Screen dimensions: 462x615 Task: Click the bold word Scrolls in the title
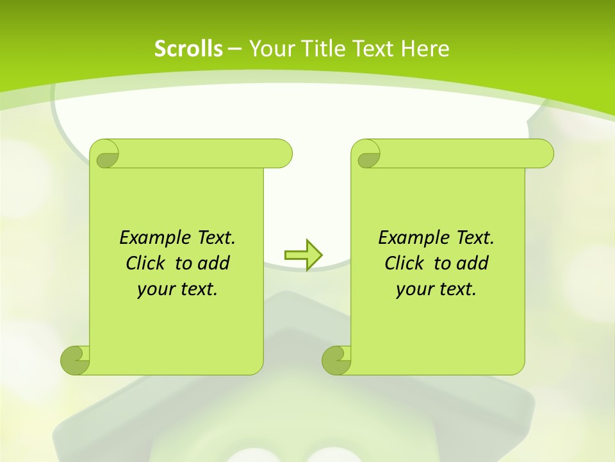pyautogui.click(x=189, y=49)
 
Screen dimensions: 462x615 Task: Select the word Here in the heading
pyautogui.click(x=425, y=49)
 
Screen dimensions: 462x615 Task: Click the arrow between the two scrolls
pyautogui.click(x=303, y=255)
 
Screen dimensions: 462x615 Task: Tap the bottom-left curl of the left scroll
pyautogui.click(x=76, y=359)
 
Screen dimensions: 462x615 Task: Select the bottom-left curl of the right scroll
pyautogui.click(x=336, y=359)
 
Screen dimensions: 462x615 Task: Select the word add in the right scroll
pyautogui.click(x=473, y=263)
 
